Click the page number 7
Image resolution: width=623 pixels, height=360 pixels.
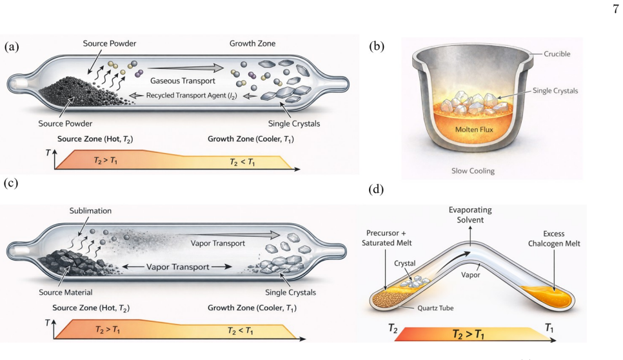[x=615, y=9]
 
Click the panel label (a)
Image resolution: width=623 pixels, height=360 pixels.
[x=12, y=46]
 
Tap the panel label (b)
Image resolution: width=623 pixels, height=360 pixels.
[x=377, y=46]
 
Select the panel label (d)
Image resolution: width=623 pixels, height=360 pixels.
[x=377, y=189]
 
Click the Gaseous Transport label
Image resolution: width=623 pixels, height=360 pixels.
[x=183, y=81]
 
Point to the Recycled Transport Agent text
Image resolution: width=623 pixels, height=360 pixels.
[x=192, y=95]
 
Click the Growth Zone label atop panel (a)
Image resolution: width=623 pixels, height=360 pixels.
[x=252, y=43]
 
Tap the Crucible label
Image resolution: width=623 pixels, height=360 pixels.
[x=557, y=54]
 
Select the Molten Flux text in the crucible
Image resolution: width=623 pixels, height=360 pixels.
[x=474, y=129]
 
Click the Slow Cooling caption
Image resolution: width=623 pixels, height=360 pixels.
[x=473, y=171]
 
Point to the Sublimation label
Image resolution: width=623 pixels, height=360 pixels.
[x=90, y=210]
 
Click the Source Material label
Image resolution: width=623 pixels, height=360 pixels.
[x=66, y=292]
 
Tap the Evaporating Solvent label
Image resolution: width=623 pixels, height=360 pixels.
[x=470, y=215]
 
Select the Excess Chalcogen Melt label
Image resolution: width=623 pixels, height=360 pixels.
[x=554, y=239]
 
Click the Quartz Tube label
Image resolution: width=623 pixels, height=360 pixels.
[x=435, y=308]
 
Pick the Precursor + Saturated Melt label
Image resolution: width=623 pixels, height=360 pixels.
[x=386, y=237]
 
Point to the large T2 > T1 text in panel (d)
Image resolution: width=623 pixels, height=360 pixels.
[x=468, y=334]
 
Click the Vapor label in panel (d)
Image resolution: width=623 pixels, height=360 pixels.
[x=470, y=275]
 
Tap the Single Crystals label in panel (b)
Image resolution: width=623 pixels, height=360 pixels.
[x=555, y=90]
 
